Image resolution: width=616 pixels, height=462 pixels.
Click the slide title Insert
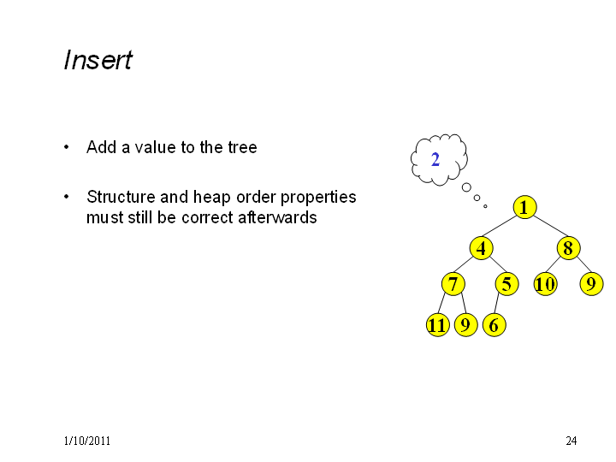98,60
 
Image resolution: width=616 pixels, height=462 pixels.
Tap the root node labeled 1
524,207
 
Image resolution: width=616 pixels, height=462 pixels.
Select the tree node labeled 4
481,248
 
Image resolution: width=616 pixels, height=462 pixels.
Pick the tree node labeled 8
568,248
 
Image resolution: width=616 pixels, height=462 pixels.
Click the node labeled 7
453,284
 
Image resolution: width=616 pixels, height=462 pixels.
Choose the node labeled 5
506,284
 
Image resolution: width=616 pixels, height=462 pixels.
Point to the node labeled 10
545,284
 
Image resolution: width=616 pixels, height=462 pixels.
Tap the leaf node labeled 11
438,325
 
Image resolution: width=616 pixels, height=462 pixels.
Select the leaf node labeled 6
495,325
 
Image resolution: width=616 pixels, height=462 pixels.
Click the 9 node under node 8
592,284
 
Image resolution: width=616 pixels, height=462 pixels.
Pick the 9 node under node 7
466,325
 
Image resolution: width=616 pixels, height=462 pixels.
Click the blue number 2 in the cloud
435,159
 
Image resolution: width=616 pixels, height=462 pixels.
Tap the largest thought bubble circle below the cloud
466,187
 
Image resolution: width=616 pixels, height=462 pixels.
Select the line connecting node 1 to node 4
500,226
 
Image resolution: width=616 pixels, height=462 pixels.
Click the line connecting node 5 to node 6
496,304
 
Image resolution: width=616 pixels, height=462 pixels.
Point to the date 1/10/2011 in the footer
86,441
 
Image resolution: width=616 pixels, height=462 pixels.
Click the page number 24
572,441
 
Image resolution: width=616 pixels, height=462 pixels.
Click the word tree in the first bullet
242,147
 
